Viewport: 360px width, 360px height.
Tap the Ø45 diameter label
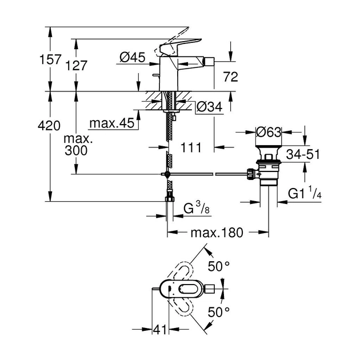(x=133, y=57)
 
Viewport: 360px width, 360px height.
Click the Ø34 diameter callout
(x=209, y=106)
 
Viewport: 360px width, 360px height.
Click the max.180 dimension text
(x=217, y=233)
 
